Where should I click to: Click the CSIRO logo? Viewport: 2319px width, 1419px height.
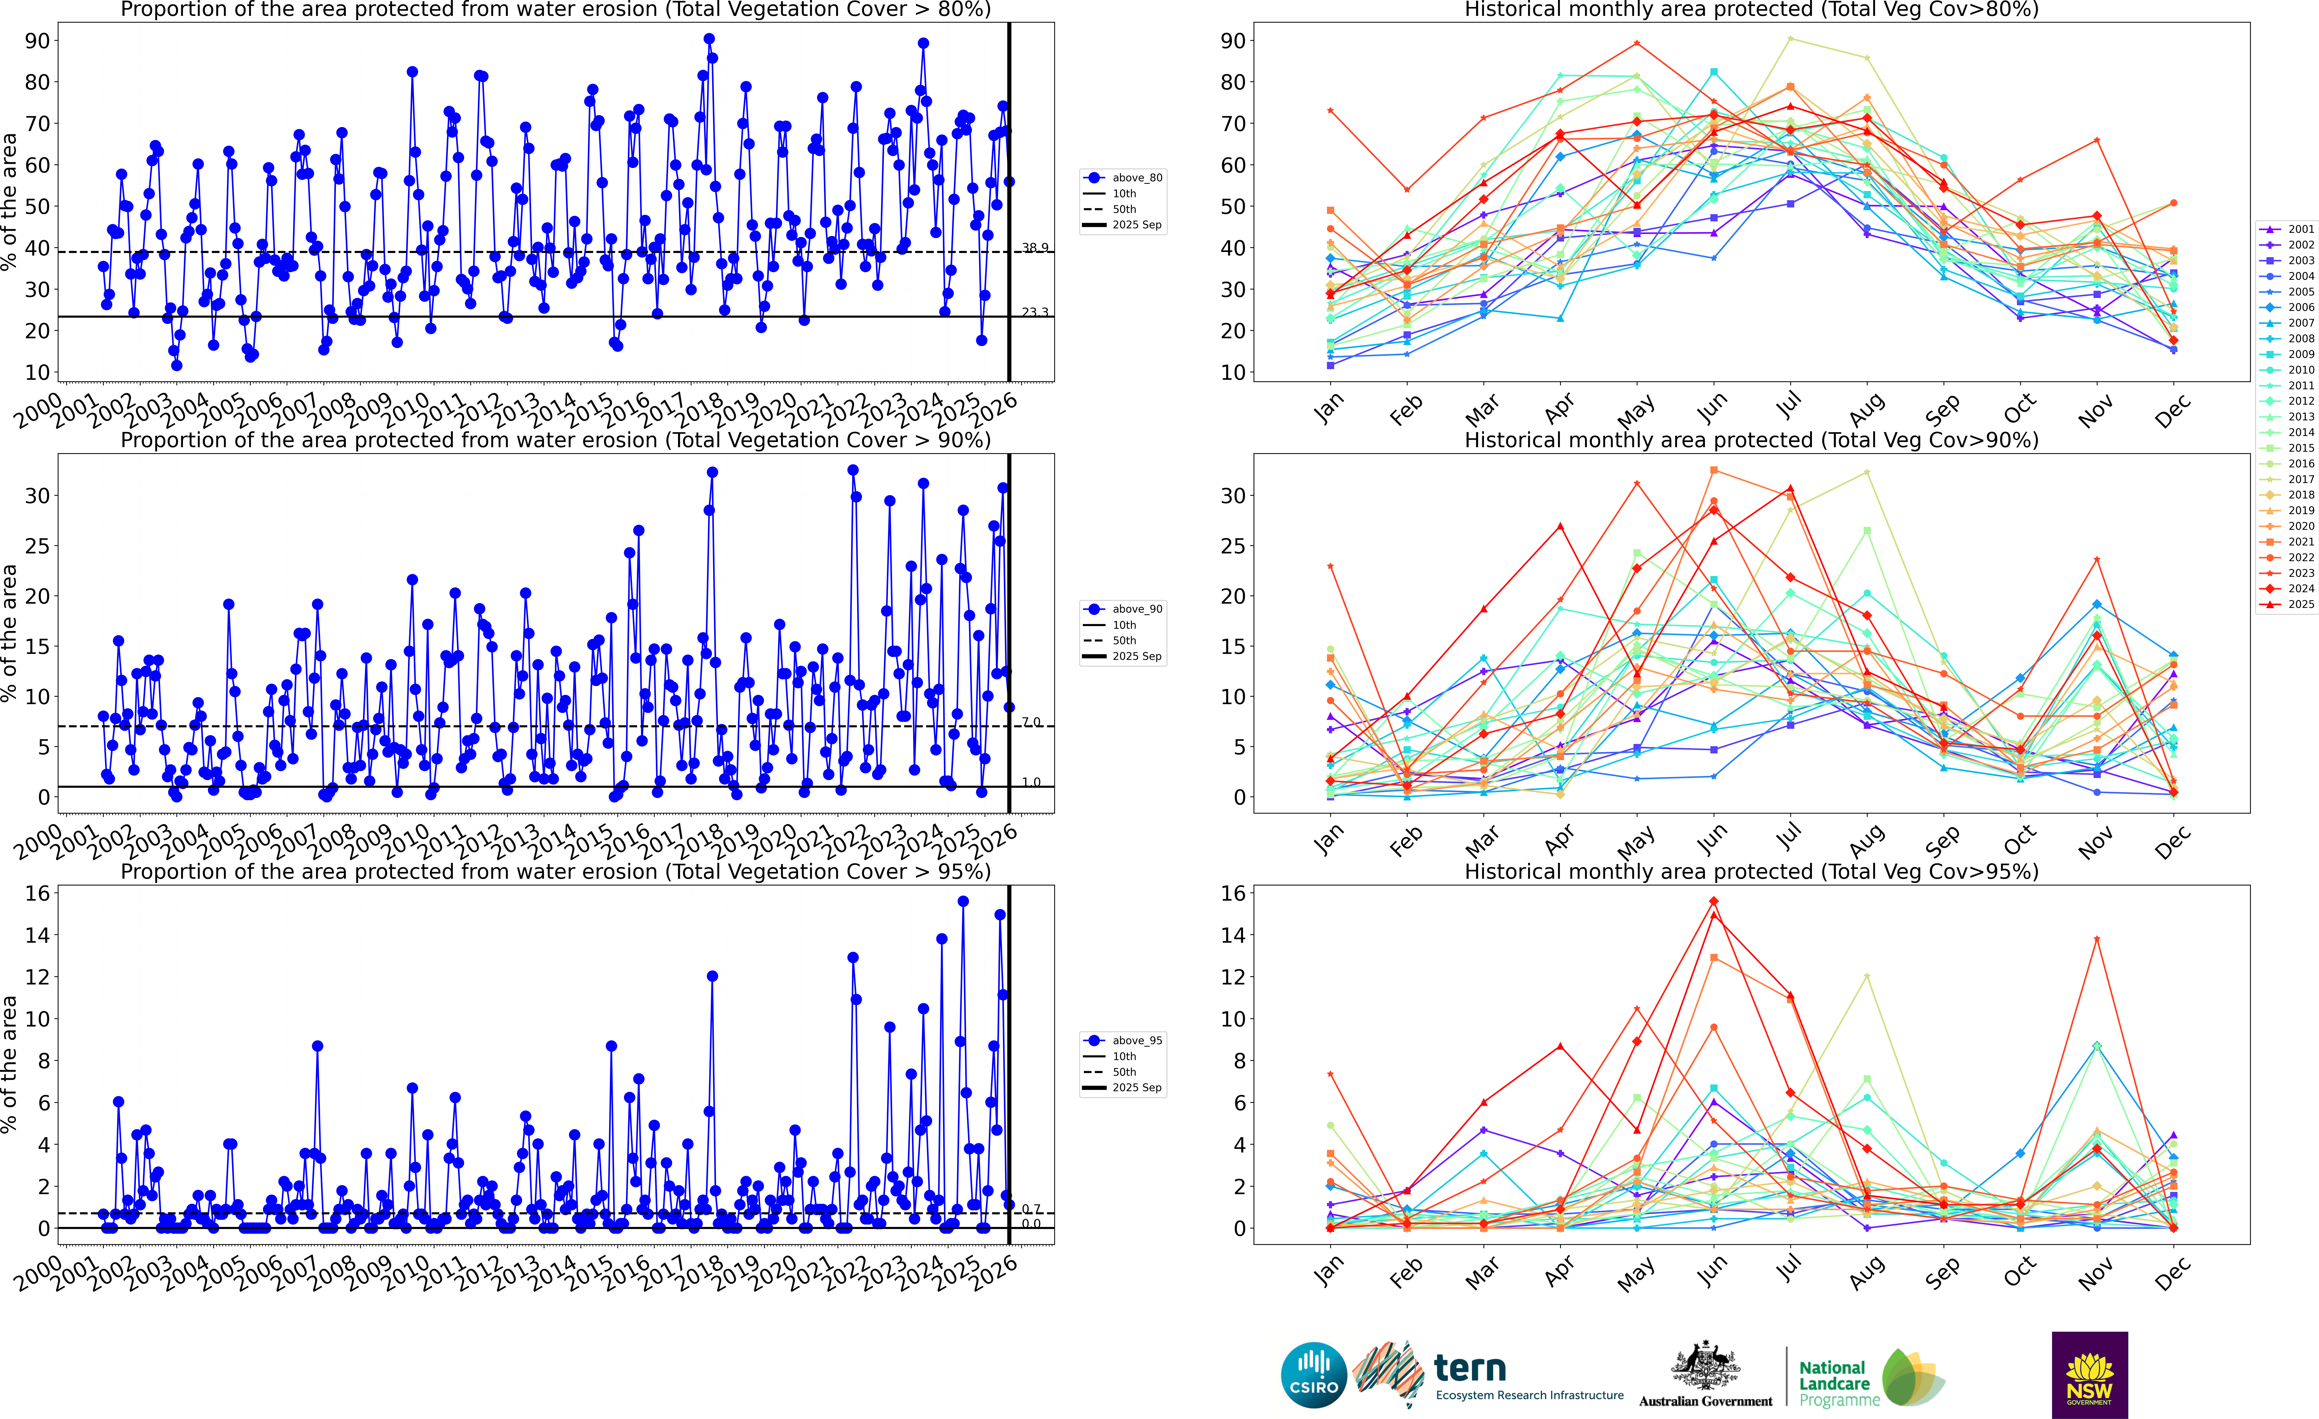pyautogui.click(x=1314, y=1375)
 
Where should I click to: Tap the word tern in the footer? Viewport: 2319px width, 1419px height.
pyautogui.click(x=1470, y=1368)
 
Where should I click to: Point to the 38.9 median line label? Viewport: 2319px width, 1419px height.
pyautogui.click(x=1034, y=247)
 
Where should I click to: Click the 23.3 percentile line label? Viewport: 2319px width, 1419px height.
pyautogui.click(x=1034, y=311)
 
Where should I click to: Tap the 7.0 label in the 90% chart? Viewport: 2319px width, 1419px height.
pyautogui.click(x=1032, y=722)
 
